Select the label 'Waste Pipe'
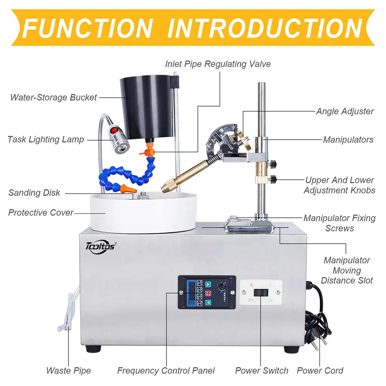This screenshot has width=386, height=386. (68, 371)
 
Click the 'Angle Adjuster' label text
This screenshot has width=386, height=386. (345, 111)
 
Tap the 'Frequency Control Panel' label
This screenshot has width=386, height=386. (166, 371)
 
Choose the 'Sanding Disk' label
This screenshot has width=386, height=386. (34, 193)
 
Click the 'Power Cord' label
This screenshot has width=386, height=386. (320, 371)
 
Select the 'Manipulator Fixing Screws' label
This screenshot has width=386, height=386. (339, 223)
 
